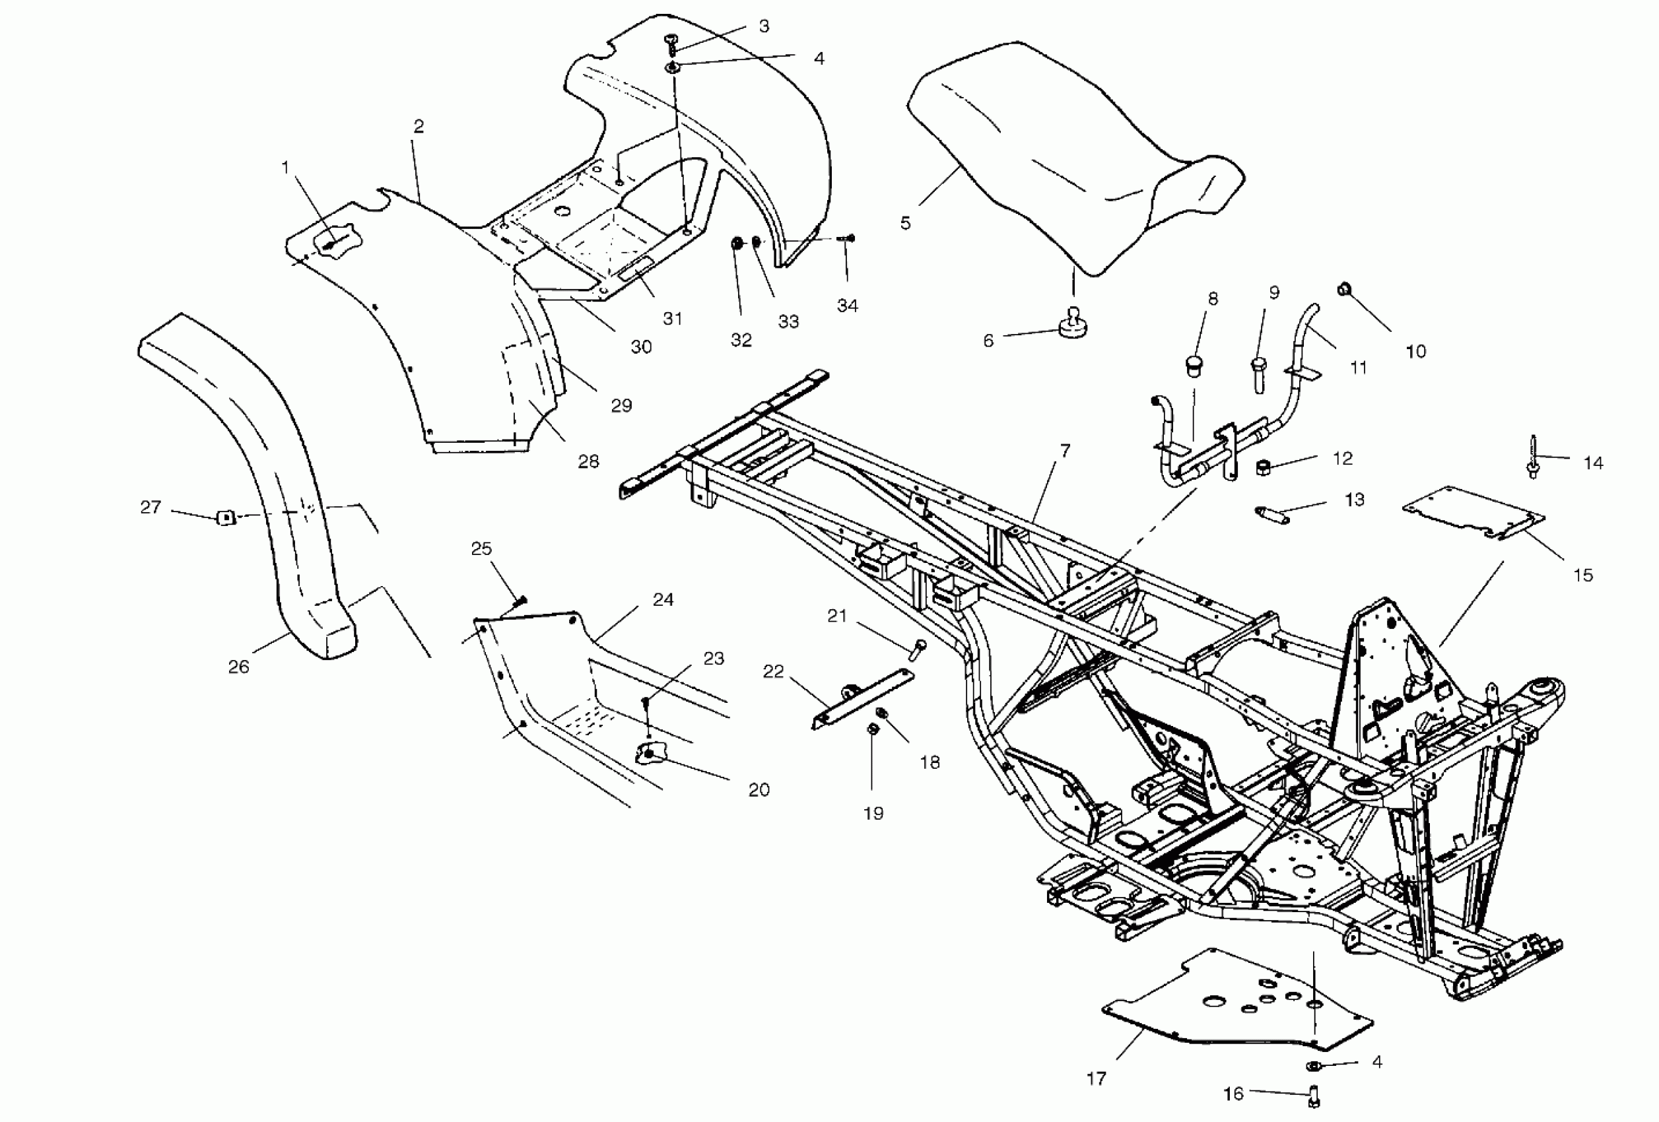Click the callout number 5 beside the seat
[905, 223]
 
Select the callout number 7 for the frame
[1065, 450]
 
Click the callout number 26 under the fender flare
[238, 667]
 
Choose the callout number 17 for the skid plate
[1097, 1078]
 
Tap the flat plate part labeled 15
[1471, 512]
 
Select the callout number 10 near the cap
[1415, 351]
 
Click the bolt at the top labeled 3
[672, 43]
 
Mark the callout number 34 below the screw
[848, 306]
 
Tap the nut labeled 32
[737, 245]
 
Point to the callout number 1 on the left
[286, 167]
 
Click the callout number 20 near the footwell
[759, 789]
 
